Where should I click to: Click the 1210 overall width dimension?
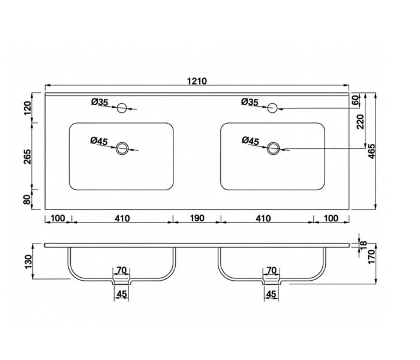197,81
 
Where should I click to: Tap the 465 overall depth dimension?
372,151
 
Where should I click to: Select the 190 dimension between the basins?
197,218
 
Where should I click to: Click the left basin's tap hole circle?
122,108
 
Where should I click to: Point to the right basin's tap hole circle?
272,108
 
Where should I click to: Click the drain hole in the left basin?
122,148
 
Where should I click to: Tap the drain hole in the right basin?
273,148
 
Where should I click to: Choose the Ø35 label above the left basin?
100,102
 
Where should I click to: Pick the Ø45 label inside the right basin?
250,140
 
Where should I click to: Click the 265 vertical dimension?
28,157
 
